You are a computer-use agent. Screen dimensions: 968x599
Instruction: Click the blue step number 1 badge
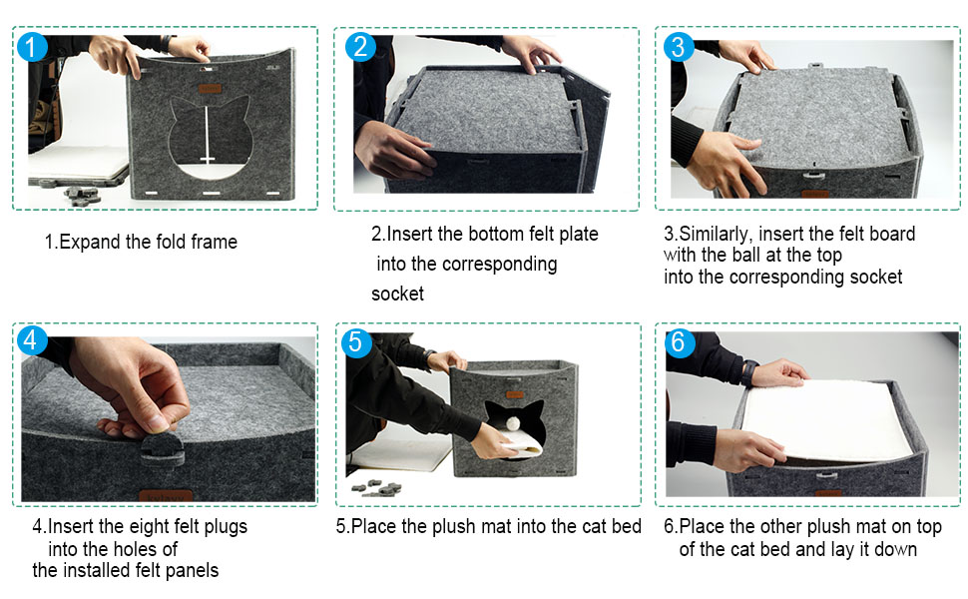pos(32,46)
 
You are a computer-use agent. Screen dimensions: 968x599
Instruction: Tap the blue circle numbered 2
pos(360,46)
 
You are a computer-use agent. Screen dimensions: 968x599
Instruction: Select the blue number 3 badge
pos(679,47)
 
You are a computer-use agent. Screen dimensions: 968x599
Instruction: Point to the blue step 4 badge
pos(32,340)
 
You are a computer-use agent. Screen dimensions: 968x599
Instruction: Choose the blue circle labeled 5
pos(355,342)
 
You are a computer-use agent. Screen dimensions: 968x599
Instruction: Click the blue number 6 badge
pos(679,341)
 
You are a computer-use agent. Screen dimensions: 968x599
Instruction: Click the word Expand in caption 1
pos(90,242)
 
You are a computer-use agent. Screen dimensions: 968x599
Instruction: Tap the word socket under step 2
pos(397,294)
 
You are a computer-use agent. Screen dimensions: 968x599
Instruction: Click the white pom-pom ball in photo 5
pos(514,423)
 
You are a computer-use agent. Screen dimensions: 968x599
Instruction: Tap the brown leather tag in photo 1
pos(210,89)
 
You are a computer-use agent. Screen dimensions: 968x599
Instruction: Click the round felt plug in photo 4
pos(163,448)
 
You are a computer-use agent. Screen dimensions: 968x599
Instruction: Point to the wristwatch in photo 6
pos(748,372)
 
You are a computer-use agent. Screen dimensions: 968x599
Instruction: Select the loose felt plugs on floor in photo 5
pos(376,488)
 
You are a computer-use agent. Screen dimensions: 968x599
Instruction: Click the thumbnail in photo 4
pos(157,422)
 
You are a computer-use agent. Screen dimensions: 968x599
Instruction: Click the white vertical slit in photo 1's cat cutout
pos(207,134)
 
